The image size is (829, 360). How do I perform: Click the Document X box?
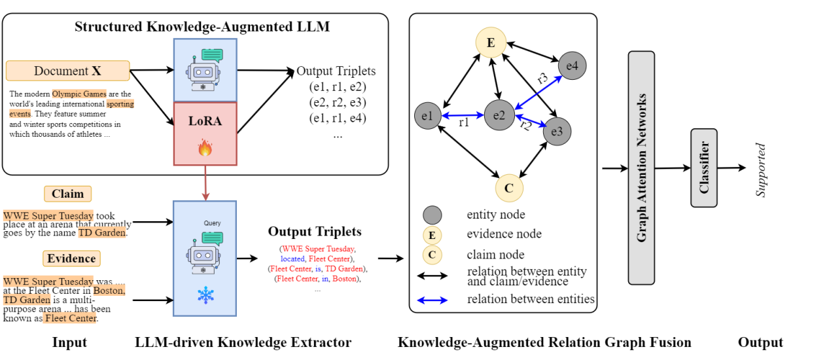point(67,71)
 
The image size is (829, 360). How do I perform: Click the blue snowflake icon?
point(205,296)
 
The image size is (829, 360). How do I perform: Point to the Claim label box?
point(68,194)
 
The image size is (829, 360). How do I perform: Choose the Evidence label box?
point(71,259)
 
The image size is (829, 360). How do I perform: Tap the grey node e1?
point(427,116)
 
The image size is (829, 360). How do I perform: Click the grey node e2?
point(499,115)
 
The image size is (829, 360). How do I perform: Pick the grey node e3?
point(556,132)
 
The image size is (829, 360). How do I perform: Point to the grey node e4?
point(572,65)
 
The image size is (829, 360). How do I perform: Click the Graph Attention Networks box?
point(641,168)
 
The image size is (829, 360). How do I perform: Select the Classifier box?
point(704,168)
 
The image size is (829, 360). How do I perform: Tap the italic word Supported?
point(760,170)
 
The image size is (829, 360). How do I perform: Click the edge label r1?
point(463,122)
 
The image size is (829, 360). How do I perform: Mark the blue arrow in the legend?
point(432,300)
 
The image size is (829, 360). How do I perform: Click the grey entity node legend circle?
point(432,215)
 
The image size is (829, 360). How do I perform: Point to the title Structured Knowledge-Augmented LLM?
point(202,27)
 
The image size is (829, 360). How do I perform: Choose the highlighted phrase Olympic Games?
point(79,94)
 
